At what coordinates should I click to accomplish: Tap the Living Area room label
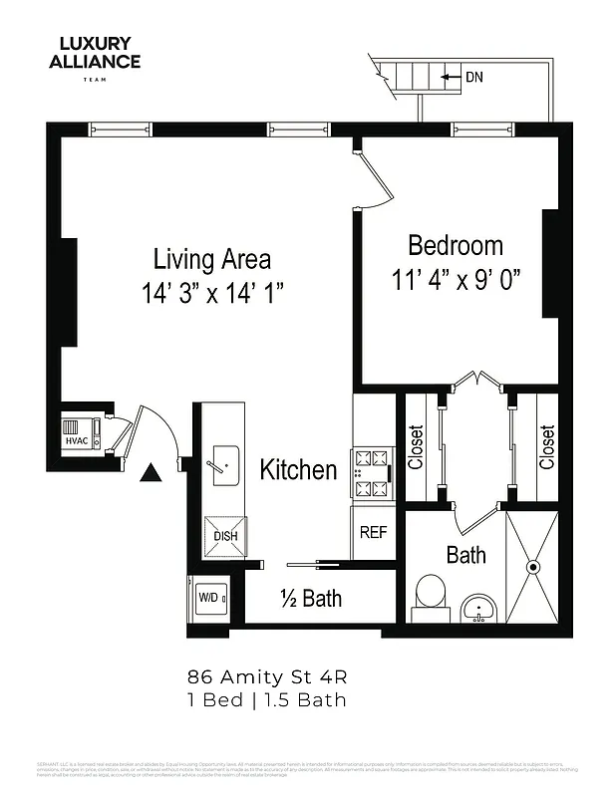click(211, 260)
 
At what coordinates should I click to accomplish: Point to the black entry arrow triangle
click(151, 474)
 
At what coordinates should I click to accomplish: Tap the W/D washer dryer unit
click(210, 598)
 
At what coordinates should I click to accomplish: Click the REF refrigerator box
click(373, 532)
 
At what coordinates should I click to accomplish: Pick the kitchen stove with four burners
click(373, 474)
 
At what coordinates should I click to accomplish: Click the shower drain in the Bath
click(532, 566)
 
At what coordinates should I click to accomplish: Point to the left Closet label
click(416, 447)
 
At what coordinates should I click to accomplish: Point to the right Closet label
click(546, 447)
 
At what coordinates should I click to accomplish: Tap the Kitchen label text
click(298, 469)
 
